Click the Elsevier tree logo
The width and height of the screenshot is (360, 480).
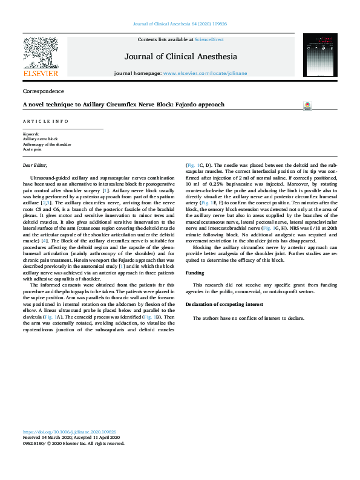click(x=40, y=52)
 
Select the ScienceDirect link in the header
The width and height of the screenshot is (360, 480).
click(x=209, y=39)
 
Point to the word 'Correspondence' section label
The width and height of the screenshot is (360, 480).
click(x=43, y=91)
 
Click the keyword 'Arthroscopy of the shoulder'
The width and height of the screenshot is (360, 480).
click(x=47, y=144)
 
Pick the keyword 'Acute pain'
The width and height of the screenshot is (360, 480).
click(x=33, y=149)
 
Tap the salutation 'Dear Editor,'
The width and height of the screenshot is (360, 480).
click(x=34, y=165)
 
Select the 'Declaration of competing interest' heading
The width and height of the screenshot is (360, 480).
click(x=223, y=304)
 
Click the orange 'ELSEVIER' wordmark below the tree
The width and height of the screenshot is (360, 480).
click(x=40, y=74)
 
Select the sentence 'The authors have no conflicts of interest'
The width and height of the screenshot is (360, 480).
click(x=248, y=318)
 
